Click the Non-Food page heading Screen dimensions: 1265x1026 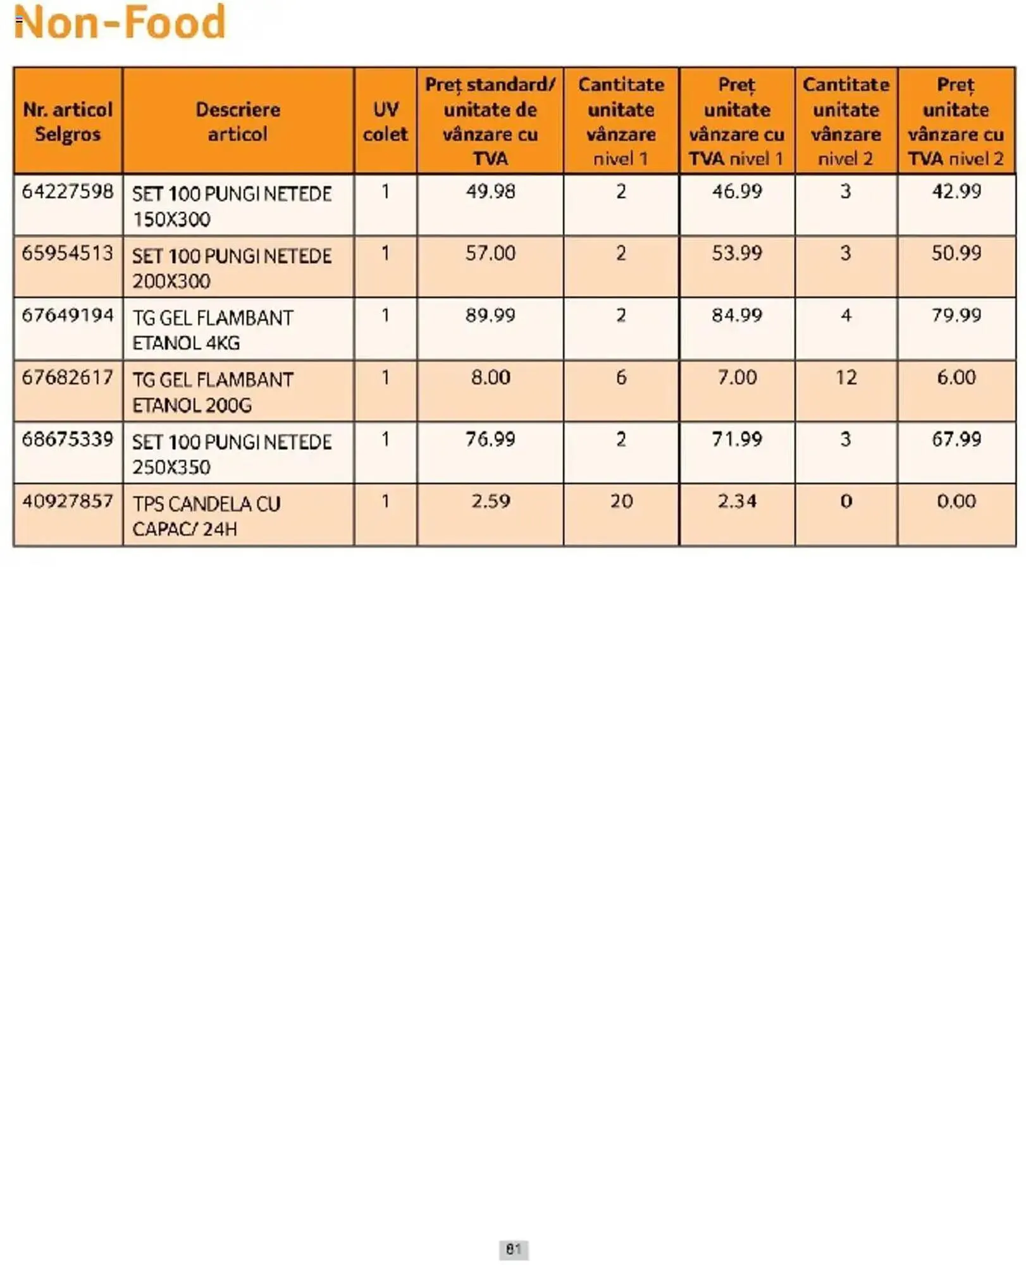(120, 23)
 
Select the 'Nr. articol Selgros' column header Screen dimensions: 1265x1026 (68, 121)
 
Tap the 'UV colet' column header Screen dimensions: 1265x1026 (385, 121)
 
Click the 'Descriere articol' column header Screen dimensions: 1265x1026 (238, 121)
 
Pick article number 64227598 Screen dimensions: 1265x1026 (68, 191)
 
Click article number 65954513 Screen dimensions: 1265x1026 (68, 253)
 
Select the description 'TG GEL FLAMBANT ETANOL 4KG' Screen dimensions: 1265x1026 (213, 330)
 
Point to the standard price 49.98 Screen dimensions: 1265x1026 (490, 191)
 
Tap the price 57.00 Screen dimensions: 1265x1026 (490, 253)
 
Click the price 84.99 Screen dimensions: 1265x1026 (737, 315)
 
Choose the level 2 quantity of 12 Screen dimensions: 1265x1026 (846, 378)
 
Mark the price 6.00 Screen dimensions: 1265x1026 (956, 378)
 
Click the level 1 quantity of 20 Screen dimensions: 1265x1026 (621, 502)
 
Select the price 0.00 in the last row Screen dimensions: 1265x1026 (956, 502)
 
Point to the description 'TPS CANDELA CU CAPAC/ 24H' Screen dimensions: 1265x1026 (206, 516)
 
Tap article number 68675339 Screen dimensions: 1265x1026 (68, 439)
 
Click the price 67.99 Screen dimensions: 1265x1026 (956, 439)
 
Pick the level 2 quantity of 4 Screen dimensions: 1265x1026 (846, 315)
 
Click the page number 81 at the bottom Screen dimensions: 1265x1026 (513, 1249)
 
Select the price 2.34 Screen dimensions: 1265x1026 (737, 502)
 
